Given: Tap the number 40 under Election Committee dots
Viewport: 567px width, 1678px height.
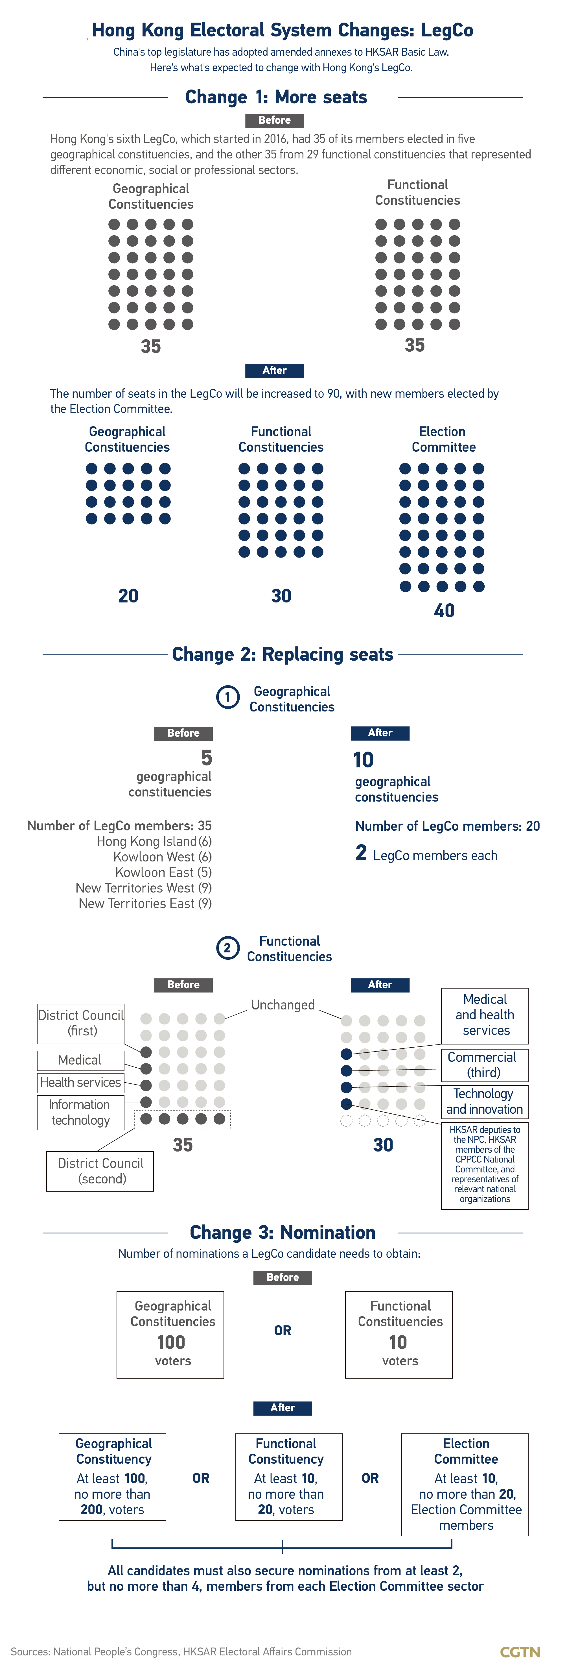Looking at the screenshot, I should (444, 610).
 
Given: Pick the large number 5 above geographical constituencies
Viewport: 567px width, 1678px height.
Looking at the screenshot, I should (206, 758).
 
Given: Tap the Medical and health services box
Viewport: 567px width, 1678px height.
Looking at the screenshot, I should (484, 1015).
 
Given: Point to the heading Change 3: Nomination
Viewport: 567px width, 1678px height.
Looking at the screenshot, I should (283, 1232).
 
